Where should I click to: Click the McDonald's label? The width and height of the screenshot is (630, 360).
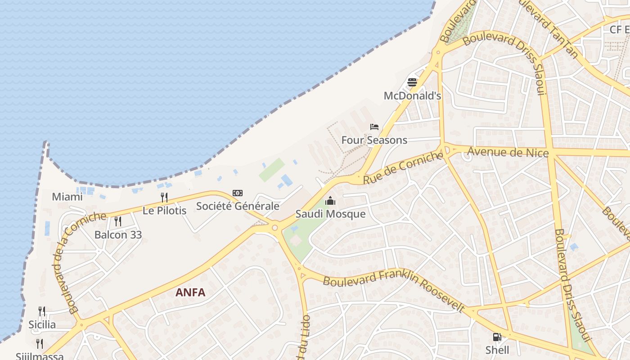[412, 96]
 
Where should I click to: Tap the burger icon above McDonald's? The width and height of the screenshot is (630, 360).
[412, 82]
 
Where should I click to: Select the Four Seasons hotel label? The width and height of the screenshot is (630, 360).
[374, 140]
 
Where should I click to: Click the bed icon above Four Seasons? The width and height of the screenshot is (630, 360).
[374, 127]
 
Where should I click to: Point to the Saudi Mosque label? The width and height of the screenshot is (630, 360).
[330, 214]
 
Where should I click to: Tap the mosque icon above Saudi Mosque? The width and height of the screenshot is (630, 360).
[330, 201]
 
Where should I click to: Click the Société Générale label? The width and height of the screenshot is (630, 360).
[238, 206]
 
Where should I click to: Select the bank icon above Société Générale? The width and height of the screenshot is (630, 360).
[238, 193]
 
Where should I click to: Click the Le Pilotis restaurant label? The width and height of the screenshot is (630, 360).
[164, 210]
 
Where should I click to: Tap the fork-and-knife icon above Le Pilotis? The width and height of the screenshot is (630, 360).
[164, 197]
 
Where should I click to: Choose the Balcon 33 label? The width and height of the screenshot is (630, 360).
[118, 234]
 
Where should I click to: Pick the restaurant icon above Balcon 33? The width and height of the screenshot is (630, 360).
[118, 221]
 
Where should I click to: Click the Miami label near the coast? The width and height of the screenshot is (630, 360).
[67, 197]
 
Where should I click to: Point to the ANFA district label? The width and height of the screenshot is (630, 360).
[190, 292]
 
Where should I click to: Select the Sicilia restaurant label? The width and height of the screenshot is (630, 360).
[42, 324]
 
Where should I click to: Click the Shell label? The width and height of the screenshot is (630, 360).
[497, 350]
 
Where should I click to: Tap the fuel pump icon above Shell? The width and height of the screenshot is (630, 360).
[497, 337]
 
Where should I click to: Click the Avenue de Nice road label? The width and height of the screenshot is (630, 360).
[508, 153]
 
